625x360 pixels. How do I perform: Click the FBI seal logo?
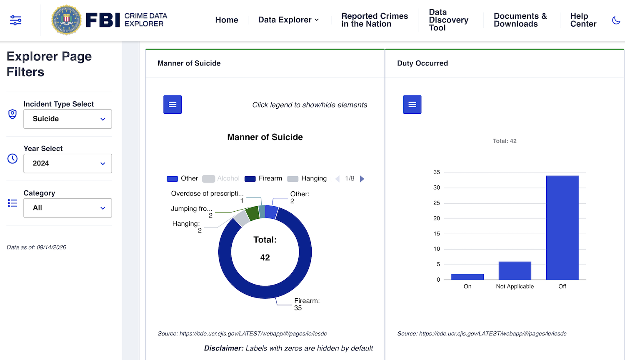click(66, 20)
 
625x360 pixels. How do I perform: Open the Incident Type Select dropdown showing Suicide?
click(67, 119)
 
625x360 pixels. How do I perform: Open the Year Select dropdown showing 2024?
click(67, 163)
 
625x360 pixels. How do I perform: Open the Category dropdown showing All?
click(67, 208)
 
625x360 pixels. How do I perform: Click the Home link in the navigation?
click(227, 20)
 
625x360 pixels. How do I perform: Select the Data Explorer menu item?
click(288, 20)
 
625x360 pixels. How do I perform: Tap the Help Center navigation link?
click(583, 20)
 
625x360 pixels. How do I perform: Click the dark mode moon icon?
click(616, 20)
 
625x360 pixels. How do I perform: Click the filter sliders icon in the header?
click(16, 20)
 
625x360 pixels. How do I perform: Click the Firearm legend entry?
click(263, 179)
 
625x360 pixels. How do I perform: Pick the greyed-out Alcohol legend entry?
click(221, 179)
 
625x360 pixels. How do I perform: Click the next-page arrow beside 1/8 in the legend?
click(362, 179)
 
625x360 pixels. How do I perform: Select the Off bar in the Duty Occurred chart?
click(562, 228)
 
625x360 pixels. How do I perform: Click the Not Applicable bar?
click(515, 271)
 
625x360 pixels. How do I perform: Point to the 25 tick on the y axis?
click(437, 203)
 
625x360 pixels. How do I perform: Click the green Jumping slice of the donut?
click(252, 213)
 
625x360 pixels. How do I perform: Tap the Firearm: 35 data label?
click(307, 304)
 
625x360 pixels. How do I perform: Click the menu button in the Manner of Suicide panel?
click(172, 105)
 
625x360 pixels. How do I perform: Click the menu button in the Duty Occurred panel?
click(412, 105)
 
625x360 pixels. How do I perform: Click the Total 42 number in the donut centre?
click(265, 257)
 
